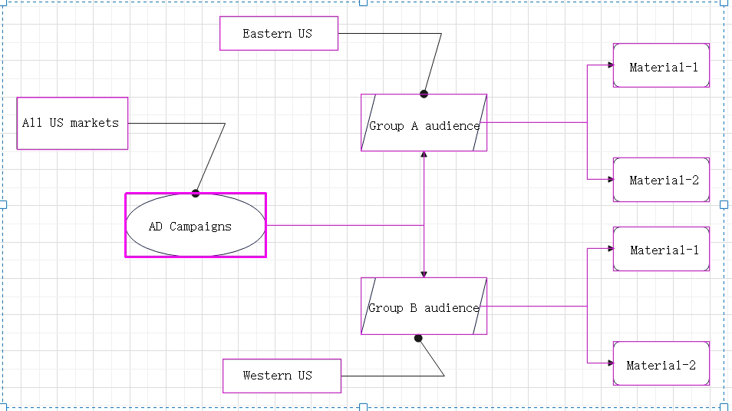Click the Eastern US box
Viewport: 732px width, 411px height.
point(279,34)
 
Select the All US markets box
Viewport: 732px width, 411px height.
point(72,123)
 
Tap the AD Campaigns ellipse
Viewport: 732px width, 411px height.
point(196,226)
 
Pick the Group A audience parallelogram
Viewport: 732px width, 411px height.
point(424,123)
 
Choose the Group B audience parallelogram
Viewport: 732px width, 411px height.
point(424,306)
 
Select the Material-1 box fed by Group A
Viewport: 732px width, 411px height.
point(661,65)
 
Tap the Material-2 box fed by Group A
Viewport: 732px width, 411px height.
point(661,180)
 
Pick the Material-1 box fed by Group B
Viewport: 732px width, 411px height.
point(661,249)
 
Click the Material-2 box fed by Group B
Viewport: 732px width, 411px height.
point(661,363)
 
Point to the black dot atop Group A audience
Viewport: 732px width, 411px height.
point(424,94)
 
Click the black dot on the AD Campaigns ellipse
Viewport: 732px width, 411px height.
point(196,193)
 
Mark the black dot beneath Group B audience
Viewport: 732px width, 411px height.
point(418,338)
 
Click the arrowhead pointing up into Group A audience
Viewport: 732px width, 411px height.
point(424,155)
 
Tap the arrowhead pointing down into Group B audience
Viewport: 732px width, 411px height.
point(424,273)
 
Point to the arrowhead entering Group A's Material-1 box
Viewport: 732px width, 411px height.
point(610,65)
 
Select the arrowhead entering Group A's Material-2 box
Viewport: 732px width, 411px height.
point(610,179)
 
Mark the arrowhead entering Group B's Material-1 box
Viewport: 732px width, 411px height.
point(610,248)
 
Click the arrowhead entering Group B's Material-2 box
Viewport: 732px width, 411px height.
point(610,363)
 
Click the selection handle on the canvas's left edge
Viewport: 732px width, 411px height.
point(2,204)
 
